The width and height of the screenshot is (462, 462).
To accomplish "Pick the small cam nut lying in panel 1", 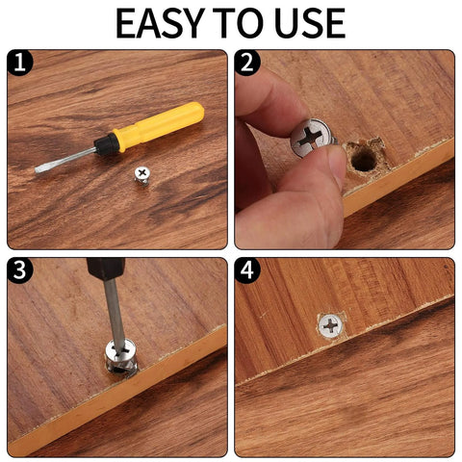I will [141, 176].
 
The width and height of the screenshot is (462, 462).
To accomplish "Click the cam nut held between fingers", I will [312, 139].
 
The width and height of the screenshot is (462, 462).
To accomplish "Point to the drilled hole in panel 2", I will [363, 158].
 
